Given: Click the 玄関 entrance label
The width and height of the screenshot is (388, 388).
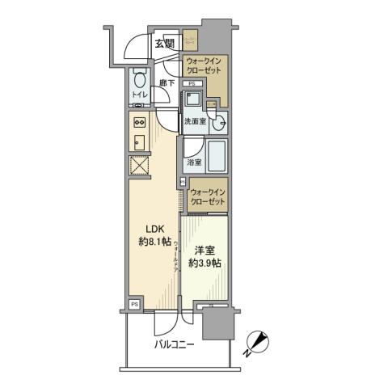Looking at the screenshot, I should click(165, 44).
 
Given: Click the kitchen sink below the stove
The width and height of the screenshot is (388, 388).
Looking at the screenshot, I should click(137, 141).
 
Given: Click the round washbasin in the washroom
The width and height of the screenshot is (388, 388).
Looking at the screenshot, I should click(218, 121).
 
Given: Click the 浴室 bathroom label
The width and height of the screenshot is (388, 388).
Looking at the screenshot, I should click(194, 163).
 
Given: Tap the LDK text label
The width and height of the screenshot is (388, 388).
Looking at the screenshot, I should click(154, 228).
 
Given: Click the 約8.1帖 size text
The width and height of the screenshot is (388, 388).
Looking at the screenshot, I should click(154, 241).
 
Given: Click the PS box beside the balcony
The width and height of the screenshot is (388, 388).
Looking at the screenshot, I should click(134, 305).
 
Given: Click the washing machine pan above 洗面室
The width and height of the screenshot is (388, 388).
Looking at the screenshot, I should click(193, 100).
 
